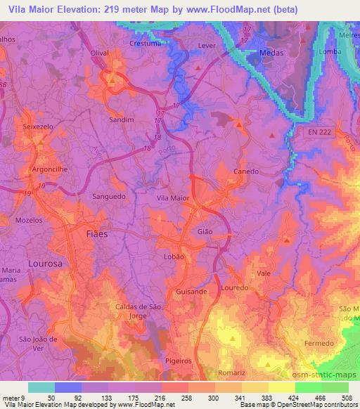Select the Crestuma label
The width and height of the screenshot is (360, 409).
pyautogui.click(x=146, y=43)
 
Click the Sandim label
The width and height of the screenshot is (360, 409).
pyautogui.click(x=121, y=120)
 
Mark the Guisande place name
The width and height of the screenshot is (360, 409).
pyautogui.click(x=191, y=291)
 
